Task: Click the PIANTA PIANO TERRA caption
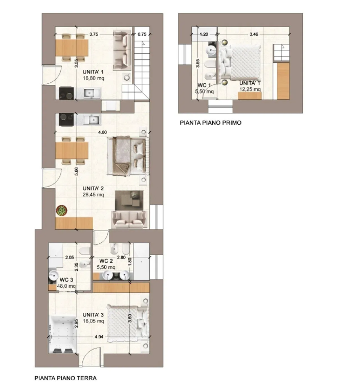tap(65, 378)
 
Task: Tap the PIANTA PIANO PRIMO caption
tap(211, 123)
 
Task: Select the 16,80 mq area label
tap(94, 78)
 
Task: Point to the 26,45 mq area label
tap(93, 195)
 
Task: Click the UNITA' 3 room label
tap(93, 315)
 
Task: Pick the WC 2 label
tap(106, 261)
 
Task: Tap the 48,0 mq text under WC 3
tap(66, 286)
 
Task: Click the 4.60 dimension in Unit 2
tap(103, 132)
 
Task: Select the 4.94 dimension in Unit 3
tap(99, 337)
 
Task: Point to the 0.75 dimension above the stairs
tap(142, 34)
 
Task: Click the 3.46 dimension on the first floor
tap(254, 34)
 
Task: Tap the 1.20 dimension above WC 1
tap(204, 34)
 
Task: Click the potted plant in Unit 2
tap(61, 210)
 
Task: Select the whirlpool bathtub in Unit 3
tap(63, 335)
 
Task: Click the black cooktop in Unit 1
tap(66, 93)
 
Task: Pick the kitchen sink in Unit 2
tap(93, 120)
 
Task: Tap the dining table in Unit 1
tap(72, 48)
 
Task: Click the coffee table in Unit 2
tap(129, 200)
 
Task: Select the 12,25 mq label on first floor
tap(250, 89)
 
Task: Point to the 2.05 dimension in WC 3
tap(70, 258)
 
